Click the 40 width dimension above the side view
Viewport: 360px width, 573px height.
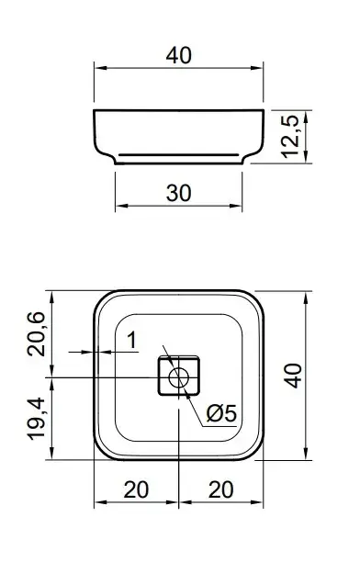tap(178, 55)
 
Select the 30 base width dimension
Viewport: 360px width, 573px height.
tap(178, 193)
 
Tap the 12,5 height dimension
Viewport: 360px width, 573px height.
tap(292, 136)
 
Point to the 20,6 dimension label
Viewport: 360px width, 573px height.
tap(37, 333)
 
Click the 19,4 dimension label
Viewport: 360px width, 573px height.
tap(37, 419)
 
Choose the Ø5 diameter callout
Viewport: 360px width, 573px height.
tap(221, 413)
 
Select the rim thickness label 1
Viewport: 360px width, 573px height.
tap(132, 340)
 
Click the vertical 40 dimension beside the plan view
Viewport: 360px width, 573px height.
tap(293, 376)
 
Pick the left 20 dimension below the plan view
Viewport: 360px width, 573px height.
tap(136, 489)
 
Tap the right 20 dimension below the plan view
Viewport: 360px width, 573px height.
tap(220, 489)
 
